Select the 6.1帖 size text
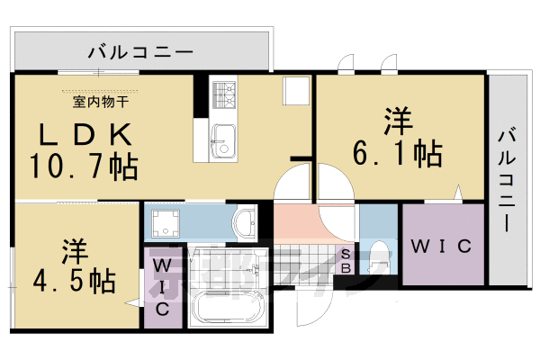[397, 153]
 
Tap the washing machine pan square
[166, 224]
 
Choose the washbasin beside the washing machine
[244, 221]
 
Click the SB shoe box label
[346, 261]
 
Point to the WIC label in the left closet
[163, 286]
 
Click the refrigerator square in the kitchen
[293, 91]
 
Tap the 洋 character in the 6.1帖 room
[396, 121]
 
